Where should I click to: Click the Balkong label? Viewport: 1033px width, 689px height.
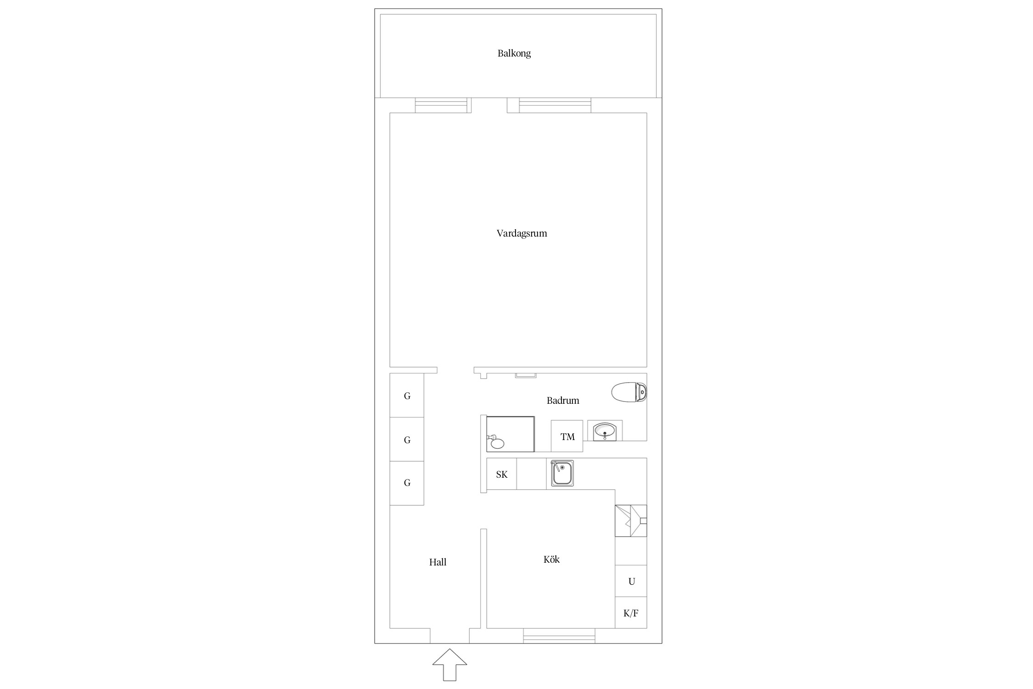coord(514,53)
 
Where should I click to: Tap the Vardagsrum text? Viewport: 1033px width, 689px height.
coord(522,233)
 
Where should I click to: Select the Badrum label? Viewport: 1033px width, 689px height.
coord(563,401)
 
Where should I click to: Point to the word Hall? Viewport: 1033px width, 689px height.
coord(438,562)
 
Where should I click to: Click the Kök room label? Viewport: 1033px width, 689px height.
coord(551,559)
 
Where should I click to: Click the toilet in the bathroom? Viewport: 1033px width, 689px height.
coord(629,392)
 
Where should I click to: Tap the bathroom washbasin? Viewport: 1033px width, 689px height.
coord(605,431)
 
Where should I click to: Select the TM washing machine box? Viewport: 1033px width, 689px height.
coord(567,436)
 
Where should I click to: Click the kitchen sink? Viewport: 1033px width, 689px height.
coord(562,473)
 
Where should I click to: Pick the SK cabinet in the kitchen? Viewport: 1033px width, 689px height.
coord(501,474)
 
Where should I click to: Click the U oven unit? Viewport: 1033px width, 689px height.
coord(631,581)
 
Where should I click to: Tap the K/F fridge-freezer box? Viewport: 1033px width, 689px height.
coord(631,613)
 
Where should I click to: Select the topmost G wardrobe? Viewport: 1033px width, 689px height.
coord(407,395)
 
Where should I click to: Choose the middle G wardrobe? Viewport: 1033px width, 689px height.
coord(407,439)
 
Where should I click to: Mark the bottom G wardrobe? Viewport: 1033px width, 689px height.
coord(407,483)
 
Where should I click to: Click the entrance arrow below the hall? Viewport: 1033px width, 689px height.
coord(449,665)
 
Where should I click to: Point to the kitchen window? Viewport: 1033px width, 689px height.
coord(559,636)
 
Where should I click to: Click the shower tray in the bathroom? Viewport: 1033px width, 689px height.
coord(511,434)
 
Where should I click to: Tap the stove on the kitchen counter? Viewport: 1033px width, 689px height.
coord(631,521)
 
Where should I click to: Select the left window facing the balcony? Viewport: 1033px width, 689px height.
coord(441,105)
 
